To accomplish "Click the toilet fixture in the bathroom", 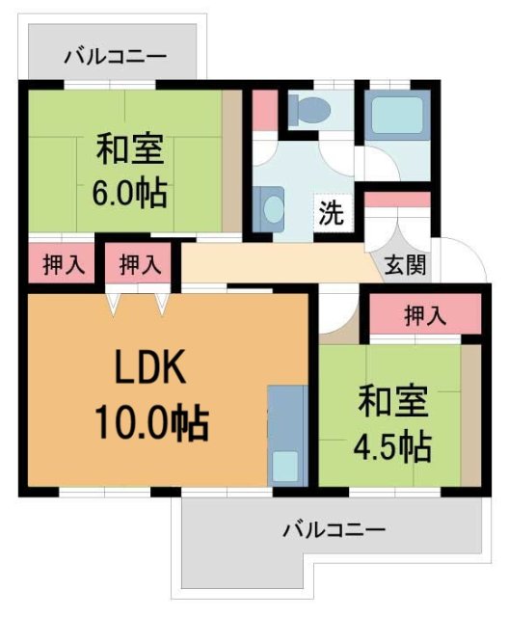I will [307, 110].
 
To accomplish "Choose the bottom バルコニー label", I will [334, 529].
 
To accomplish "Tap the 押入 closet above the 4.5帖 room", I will [424, 314].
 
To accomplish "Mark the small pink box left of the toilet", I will [264, 109].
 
